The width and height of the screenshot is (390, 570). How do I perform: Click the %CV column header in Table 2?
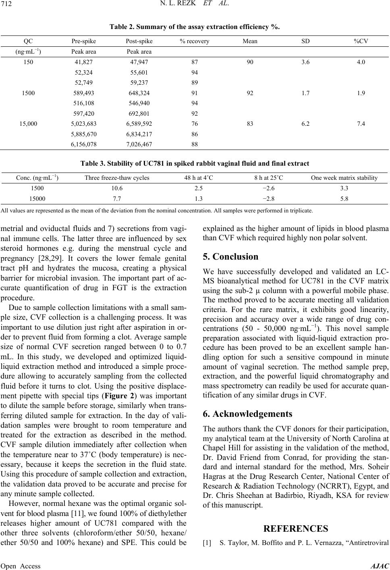click(x=361, y=41)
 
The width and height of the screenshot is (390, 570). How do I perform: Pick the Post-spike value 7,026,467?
click(x=139, y=144)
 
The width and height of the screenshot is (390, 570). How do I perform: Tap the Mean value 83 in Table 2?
click(x=250, y=124)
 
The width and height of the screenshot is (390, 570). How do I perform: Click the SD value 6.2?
click(x=306, y=124)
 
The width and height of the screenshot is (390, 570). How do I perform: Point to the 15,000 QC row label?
click(x=28, y=124)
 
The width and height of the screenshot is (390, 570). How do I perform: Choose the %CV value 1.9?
click(x=361, y=93)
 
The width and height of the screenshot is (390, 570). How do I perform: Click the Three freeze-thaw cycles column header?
click(x=117, y=178)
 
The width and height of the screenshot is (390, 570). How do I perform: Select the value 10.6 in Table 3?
click(x=117, y=188)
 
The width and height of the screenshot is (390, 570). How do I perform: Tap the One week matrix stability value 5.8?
click(x=344, y=198)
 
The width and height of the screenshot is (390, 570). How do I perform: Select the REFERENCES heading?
click(x=296, y=528)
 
